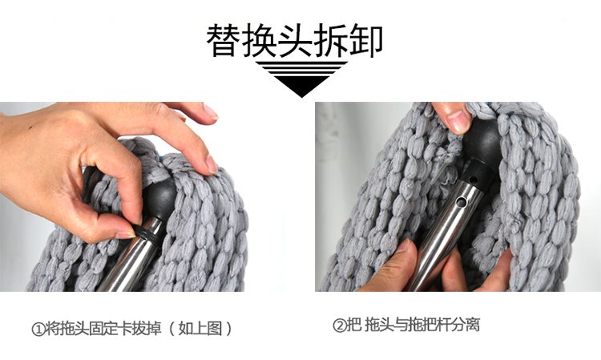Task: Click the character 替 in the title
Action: point(224,40)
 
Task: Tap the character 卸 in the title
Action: point(366,40)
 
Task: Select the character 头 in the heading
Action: point(295,40)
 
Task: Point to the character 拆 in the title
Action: point(330,40)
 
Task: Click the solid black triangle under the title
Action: point(301,85)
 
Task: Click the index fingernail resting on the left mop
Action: point(212,164)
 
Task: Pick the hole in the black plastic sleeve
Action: point(474,179)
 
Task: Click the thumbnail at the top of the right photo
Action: point(458,122)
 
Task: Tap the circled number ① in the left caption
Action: point(38,330)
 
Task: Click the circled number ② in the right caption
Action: point(340,326)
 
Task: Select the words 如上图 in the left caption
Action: point(200,329)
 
